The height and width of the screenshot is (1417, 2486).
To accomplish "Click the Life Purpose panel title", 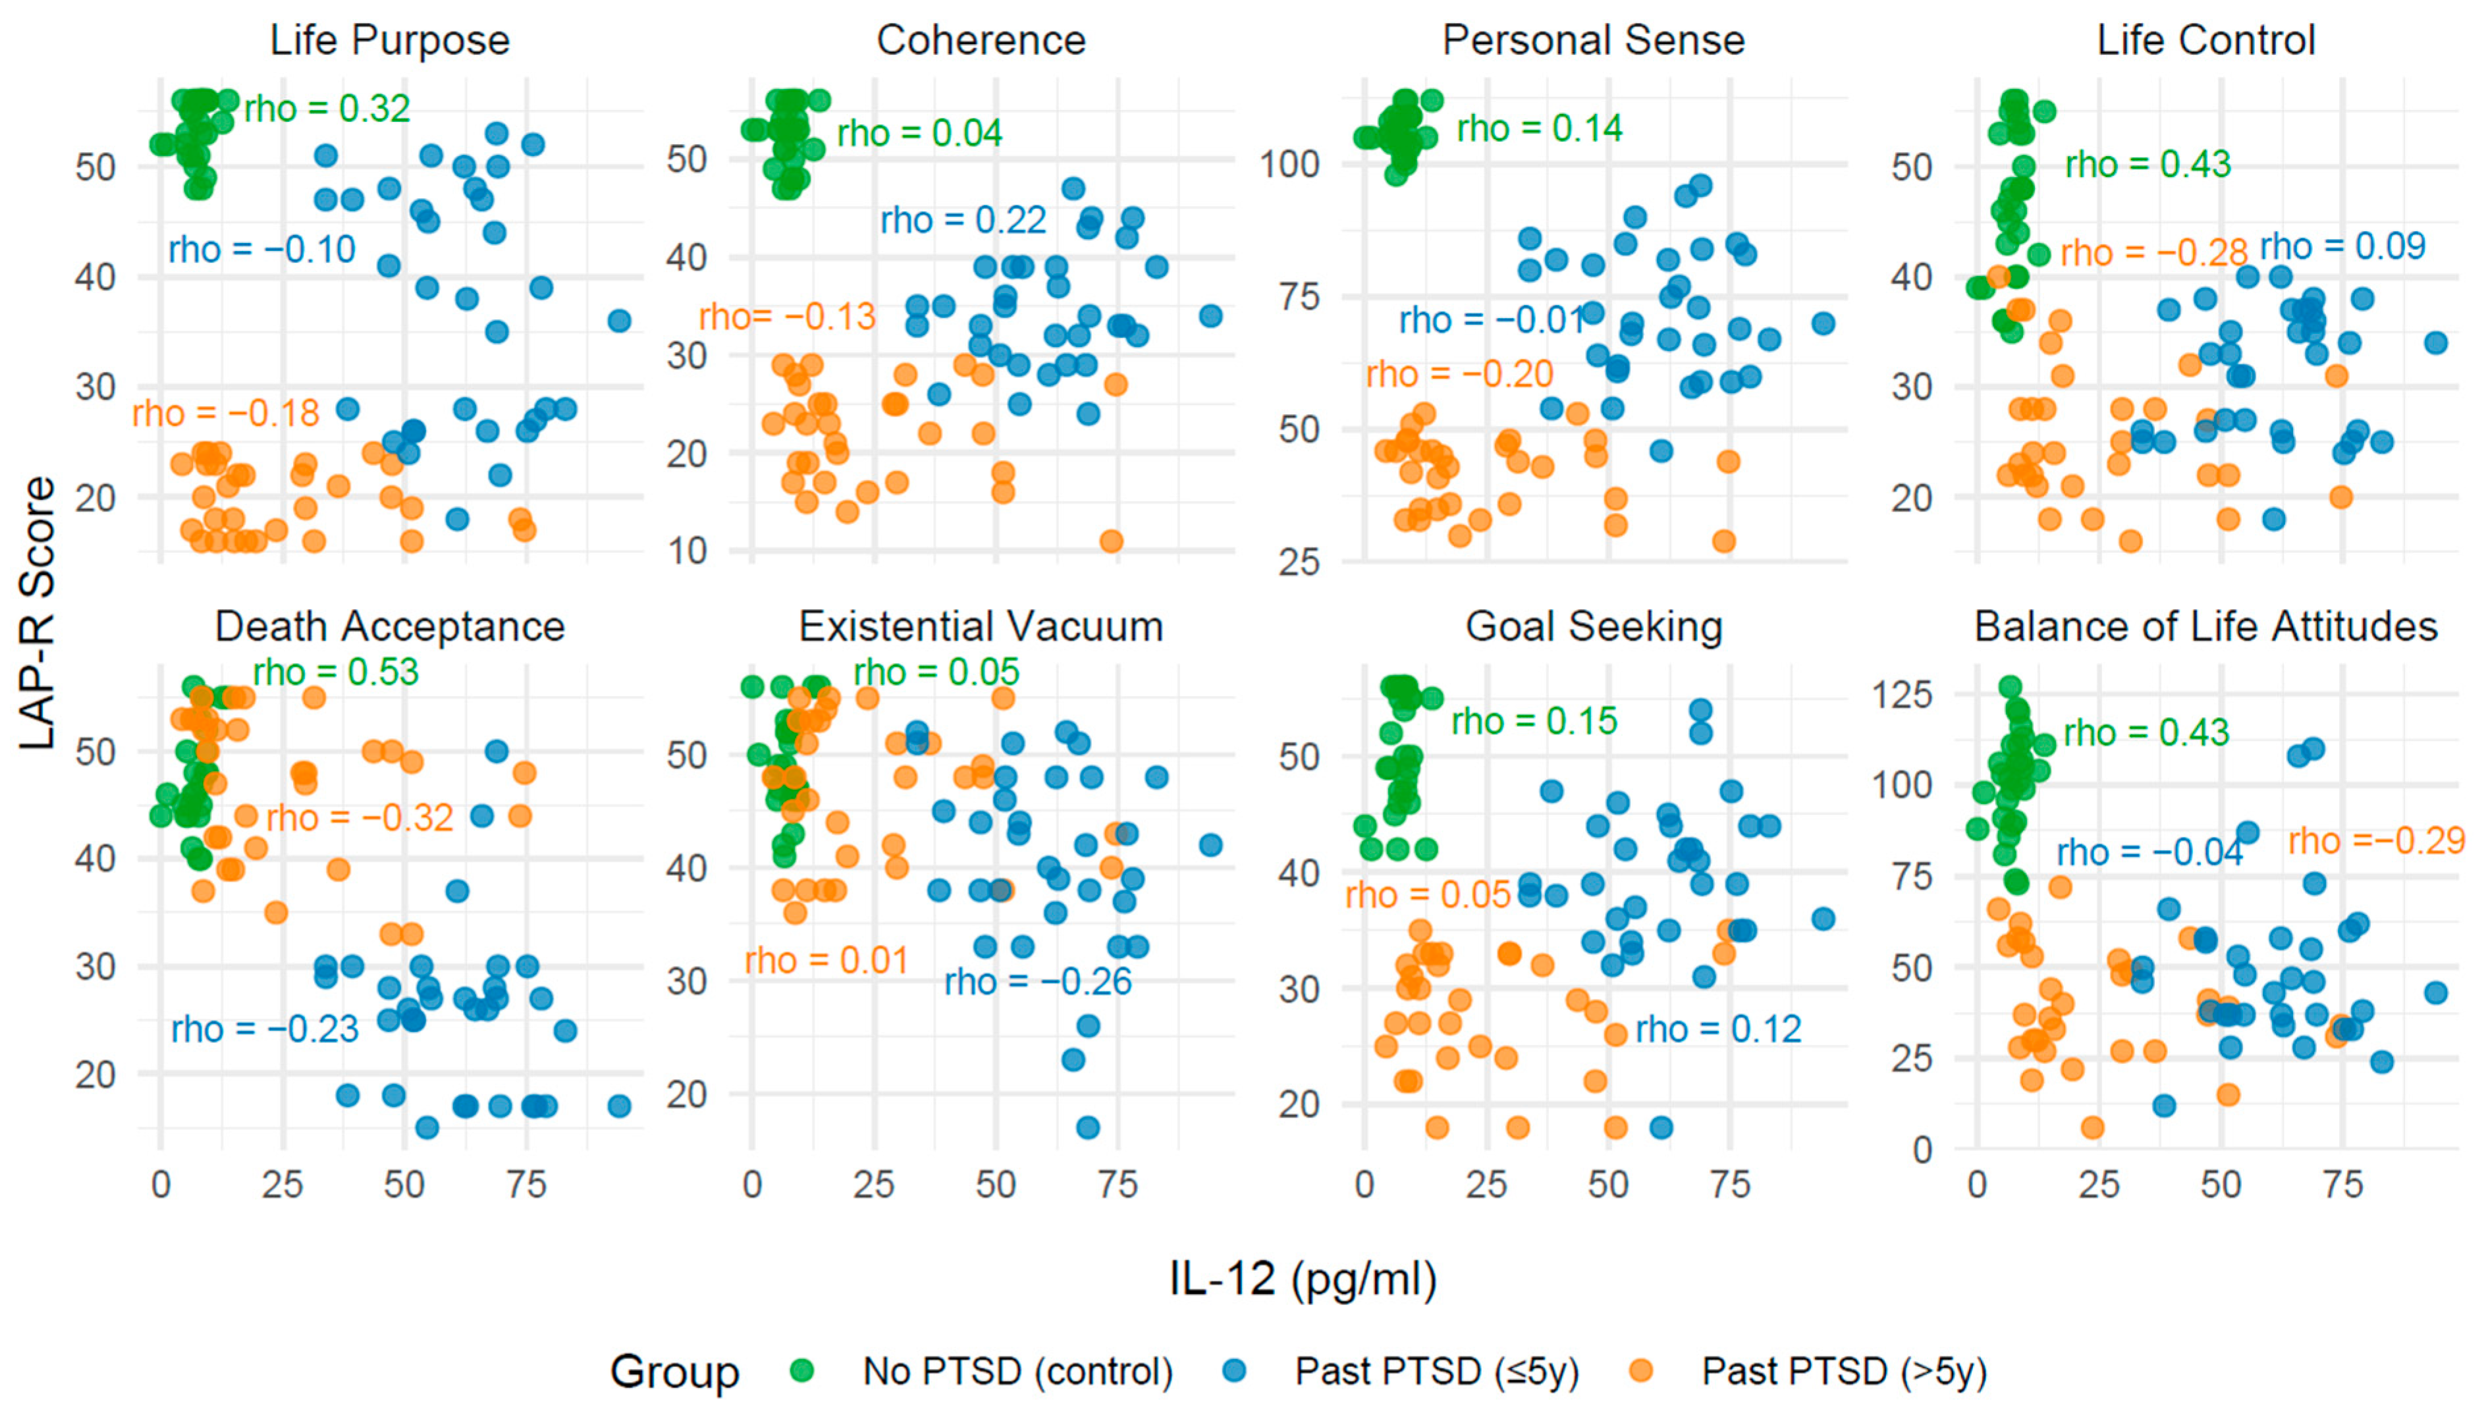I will click(389, 41).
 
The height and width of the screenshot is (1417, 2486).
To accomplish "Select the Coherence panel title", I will click(980, 41).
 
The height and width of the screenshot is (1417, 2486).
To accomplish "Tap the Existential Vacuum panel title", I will click(980, 627).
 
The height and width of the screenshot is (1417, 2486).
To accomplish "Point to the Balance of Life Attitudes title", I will click(2205, 627).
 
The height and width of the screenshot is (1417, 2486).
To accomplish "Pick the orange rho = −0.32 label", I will click(359, 818).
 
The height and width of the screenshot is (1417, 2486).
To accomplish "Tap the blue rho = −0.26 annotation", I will click(1038, 981).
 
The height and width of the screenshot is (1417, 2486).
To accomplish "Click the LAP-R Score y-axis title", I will click(37, 612).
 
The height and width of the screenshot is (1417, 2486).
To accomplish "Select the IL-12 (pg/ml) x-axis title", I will click(1303, 1278).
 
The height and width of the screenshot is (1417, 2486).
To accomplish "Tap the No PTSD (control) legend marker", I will click(801, 1372).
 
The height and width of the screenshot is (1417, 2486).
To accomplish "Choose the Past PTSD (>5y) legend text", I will click(1843, 1372).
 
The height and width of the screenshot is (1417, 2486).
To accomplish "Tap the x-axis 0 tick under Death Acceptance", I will click(161, 1185).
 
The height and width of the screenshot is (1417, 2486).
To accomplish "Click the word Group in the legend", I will click(674, 1372).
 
